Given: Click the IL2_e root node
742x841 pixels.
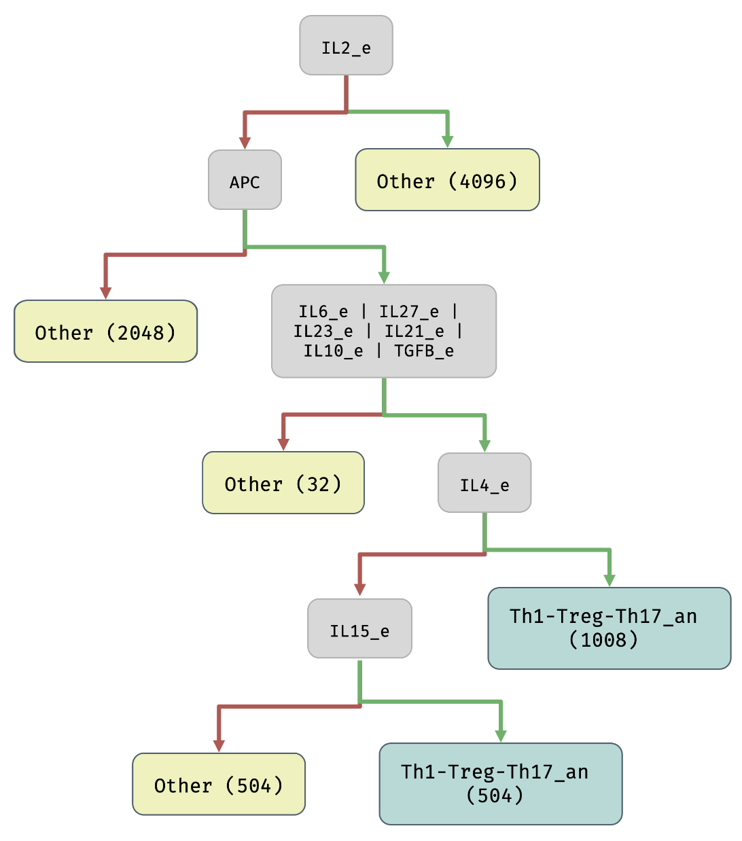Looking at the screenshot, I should pyautogui.click(x=346, y=46).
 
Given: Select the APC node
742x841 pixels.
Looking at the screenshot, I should pyautogui.click(x=245, y=180).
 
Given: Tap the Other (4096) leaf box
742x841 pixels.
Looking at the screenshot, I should pyautogui.click(x=447, y=180).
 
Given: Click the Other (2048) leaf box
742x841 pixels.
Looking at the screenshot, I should pyautogui.click(x=105, y=332).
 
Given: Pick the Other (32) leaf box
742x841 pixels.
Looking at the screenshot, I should pyautogui.click(x=283, y=483).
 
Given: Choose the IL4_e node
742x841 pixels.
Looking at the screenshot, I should pyautogui.click(x=484, y=483).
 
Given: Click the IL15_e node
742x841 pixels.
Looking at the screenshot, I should pyautogui.click(x=359, y=629).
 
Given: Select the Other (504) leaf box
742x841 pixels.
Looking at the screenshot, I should pyautogui.click(x=218, y=784).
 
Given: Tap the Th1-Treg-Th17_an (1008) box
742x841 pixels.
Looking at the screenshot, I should pyautogui.click(x=609, y=628).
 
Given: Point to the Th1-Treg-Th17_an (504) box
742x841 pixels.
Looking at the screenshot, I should pyautogui.click(x=500, y=784).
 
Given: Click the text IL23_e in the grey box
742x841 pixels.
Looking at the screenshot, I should pyautogui.click(x=323, y=332).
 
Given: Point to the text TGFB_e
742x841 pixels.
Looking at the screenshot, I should pyautogui.click(x=424, y=351).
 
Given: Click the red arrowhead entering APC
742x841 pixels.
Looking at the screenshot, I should pyautogui.click(x=245, y=143).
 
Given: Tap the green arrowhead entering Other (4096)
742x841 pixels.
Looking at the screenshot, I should pyautogui.click(x=447, y=141).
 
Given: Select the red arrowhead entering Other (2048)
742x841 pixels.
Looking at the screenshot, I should pyautogui.click(x=105, y=293).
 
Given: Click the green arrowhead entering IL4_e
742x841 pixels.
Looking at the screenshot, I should pyautogui.click(x=484, y=446).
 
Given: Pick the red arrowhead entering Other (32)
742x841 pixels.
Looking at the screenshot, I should pyautogui.click(x=283, y=444).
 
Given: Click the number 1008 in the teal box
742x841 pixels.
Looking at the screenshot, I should pyautogui.click(x=603, y=640).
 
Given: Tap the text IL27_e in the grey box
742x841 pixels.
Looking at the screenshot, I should pyautogui.click(x=409, y=312).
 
